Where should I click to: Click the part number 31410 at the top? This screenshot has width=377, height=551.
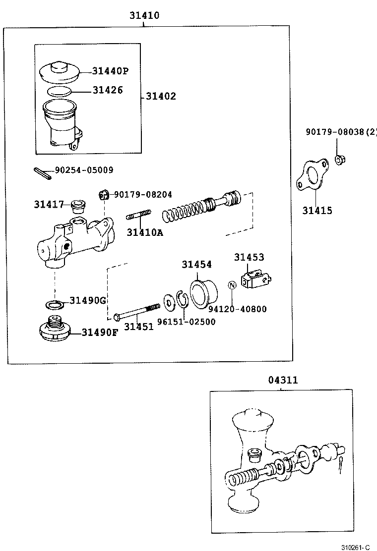click(x=144, y=15)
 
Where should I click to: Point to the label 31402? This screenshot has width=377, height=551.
click(x=161, y=96)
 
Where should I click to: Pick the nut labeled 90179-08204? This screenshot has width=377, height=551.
click(x=103, y=194)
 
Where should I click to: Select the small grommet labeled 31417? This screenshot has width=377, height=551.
click(x=77, y=204)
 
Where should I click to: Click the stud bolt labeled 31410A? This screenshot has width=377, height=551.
click(x=139, y=216)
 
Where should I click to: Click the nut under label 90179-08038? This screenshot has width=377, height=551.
click(x=340, y=159)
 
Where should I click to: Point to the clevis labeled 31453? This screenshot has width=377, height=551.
click(x=256, y=279)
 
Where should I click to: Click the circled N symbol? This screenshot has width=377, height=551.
click(x=232, y=286)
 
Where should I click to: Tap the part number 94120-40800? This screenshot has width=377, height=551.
click(x=237, y=309)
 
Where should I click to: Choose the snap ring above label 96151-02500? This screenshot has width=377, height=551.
click(x=182, y=300)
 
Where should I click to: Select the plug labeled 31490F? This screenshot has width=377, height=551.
click(x=55, y=329)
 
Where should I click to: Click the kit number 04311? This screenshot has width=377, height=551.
click(x=283, y=380)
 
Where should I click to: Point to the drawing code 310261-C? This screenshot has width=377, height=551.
click(x=355, y=547)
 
